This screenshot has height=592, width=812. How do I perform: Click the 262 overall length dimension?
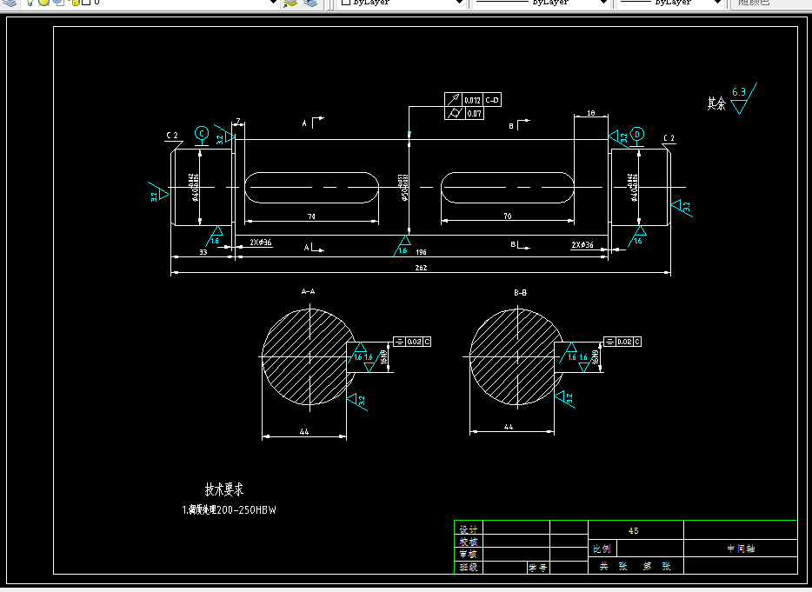pos(421,268)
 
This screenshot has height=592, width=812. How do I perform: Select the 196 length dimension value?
pos(421,252)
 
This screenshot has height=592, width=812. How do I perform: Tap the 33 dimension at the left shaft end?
pos(203,252)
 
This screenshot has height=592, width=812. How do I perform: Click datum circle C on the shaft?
pos(202,133)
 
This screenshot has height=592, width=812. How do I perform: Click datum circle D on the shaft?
pos(637,134)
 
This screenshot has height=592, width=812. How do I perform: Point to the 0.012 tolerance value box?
pos(472,100)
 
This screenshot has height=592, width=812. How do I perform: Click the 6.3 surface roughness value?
pos(739,91)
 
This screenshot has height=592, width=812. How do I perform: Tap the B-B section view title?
pos(521,293)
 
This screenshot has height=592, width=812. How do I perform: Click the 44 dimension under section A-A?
pos(304,431)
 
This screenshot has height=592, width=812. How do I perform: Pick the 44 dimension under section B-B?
pos(509,427)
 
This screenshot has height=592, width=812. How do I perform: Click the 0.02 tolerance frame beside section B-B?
pos(623,342)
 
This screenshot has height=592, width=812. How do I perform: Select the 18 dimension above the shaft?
pos(590,113)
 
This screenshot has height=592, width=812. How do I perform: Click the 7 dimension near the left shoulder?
pos(237,121)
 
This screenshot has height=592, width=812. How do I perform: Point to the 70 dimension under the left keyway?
pos(310,216)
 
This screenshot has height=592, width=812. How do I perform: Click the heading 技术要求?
pos(224,489)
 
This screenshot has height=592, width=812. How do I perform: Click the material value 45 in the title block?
pos(633,530)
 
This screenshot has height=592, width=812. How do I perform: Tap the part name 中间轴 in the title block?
pos(741,549)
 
